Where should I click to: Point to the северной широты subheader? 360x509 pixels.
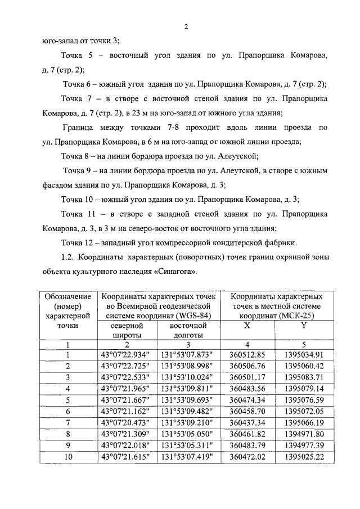(127, 330)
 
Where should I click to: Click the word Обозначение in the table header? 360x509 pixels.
(67, 296)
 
